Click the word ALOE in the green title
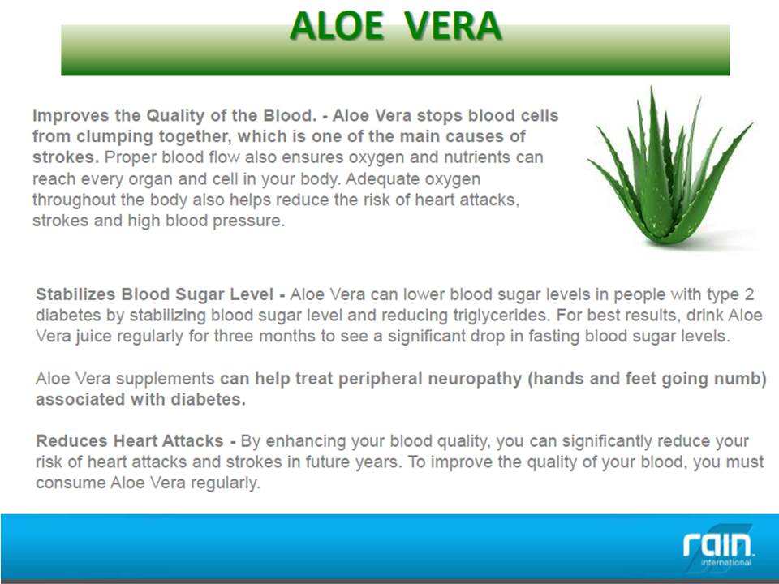click(x=336, y=26)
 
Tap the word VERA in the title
click(x=452, y=26)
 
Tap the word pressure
click(x=249, y=221)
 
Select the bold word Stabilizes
click(x=75, y=294)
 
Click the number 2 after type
click(x=749, y=294)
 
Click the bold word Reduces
click(x=71, y=441)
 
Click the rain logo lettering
click(x=717, y=544)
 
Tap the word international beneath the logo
click(x=725, y=563)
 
